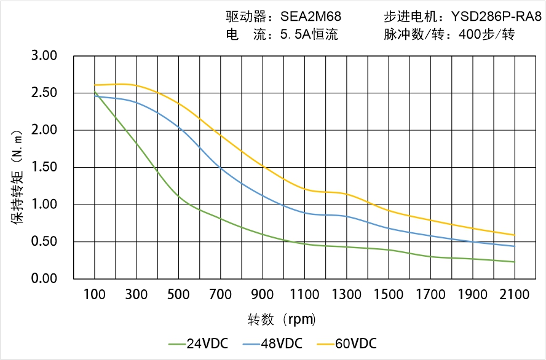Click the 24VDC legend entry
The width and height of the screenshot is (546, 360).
198,343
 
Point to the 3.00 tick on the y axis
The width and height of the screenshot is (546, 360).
44,56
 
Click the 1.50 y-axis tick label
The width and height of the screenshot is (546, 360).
44,167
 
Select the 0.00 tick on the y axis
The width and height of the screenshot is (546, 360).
44,278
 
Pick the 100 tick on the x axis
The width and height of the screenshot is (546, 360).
95,295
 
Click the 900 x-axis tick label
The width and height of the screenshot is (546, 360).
263,295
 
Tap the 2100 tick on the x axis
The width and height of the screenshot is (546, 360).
515,295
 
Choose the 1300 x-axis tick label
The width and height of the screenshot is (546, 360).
347,295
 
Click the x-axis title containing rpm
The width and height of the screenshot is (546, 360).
282,319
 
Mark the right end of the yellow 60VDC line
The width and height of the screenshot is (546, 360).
515,235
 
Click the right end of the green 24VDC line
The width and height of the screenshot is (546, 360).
515,262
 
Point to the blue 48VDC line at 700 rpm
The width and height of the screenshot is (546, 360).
221,166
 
